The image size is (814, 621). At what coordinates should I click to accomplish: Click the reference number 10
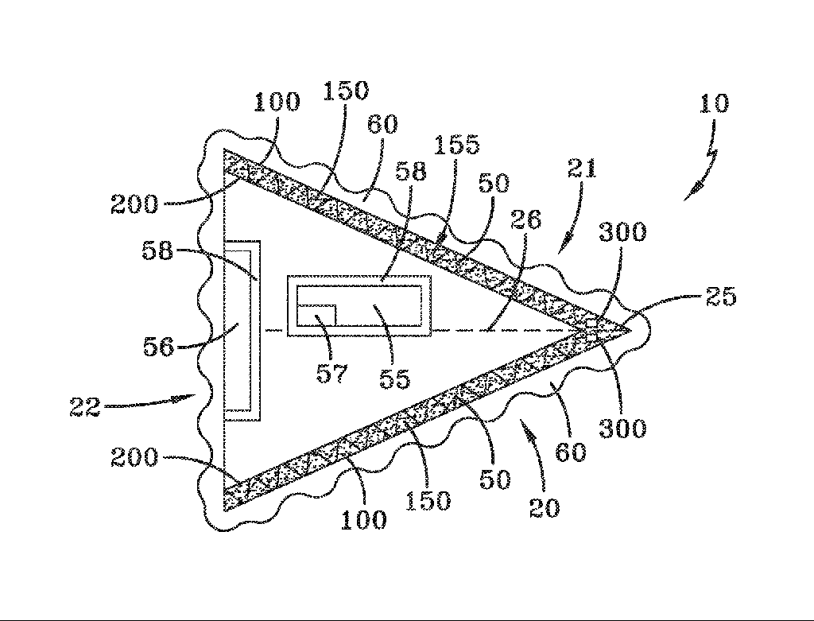(x=715, y=103)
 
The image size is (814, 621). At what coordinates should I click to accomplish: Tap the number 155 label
(x=457, y=145)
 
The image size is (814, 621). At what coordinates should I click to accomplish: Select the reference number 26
(x=526, y=219)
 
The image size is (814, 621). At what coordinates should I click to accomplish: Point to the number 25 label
(x=720, y=297)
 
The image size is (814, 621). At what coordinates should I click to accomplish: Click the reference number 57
(x=331, y=373)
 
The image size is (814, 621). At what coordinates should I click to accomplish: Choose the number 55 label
(x=394, y=378)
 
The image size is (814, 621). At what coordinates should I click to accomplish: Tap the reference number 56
(x=158, y=347)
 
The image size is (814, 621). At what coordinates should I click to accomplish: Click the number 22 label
(x=84, y=408)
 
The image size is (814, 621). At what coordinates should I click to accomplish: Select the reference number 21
(x=582, y=169)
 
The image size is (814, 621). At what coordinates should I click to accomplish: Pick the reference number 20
(x=545, y=507)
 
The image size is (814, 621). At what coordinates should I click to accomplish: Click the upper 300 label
(x=622, y=231)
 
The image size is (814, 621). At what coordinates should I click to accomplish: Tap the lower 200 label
(x=134, y=458)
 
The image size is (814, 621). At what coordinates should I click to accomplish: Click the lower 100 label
(x=363, y=520)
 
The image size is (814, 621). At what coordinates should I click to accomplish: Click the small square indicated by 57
(x=316, y=315)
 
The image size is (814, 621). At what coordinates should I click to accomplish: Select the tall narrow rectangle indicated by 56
(x=238, y=330)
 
